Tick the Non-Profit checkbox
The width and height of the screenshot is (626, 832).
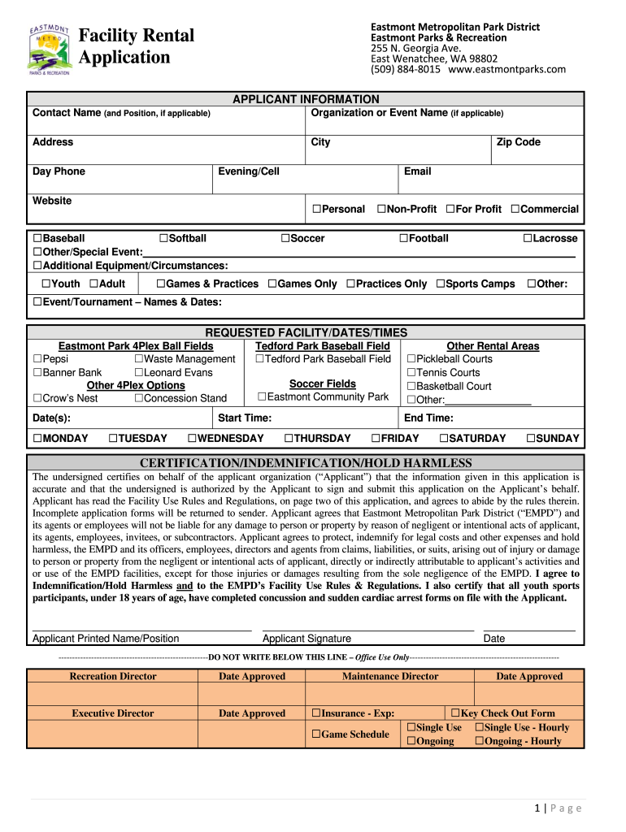(381, 210)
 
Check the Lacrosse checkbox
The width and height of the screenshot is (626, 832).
(528, 239)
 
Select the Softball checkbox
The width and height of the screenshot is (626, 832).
(163, 239)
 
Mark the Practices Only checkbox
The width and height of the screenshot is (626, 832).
(350, 284)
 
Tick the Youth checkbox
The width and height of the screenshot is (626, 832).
(46, 284)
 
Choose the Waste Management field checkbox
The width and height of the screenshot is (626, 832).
(139, 359)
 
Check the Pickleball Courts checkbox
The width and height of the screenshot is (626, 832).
(411, 359)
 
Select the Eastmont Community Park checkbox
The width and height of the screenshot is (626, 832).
(263, 397)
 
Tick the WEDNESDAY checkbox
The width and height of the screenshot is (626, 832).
(193, 439)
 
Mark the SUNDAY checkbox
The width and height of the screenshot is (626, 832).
(531, 439)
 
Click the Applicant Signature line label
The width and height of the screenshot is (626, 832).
(306, 639)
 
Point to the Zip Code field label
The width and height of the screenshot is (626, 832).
(518, 142)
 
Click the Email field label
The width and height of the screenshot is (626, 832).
(417, 171)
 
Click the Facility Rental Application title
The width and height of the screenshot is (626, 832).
(136, 46)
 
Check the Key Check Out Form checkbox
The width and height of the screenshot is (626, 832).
(455, 713)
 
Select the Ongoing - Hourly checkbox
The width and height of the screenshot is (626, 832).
(480, 741)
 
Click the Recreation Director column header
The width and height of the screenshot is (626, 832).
(113, 676)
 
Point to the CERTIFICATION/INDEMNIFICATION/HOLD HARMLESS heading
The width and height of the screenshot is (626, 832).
(306, 462)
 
